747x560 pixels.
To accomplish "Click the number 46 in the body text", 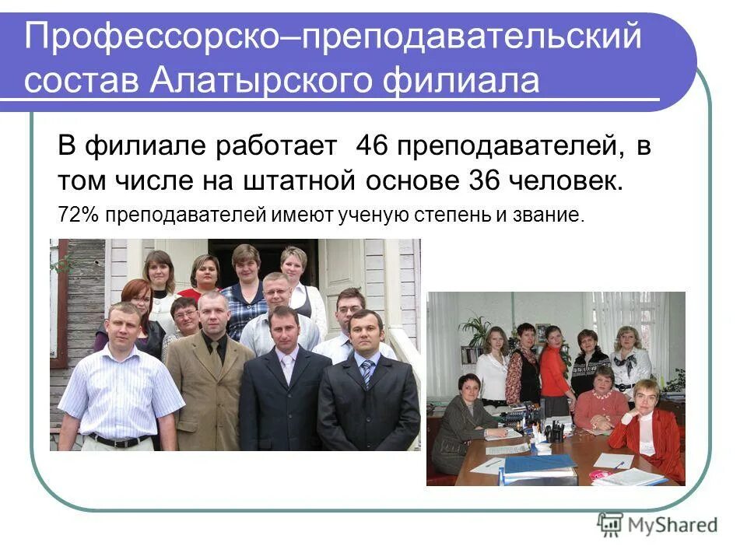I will [372, 146].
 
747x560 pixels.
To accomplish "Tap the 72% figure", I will [78, 214].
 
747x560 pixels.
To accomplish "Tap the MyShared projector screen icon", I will [611, 525].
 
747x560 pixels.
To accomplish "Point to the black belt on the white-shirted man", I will [118, 440].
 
